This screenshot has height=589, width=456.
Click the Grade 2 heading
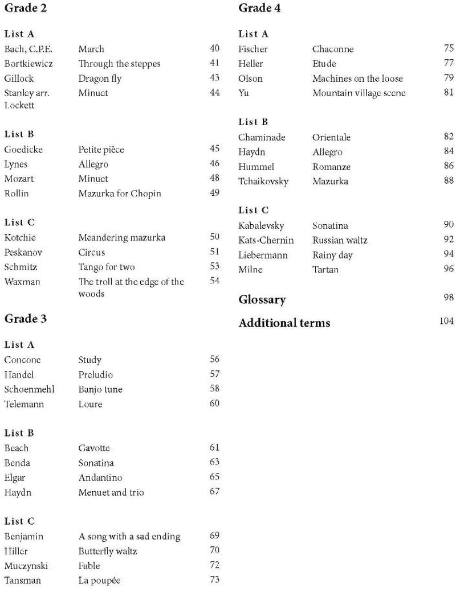tap(26, 9)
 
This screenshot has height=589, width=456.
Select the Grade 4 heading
tap(259, 9)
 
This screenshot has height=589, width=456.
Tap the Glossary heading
tap(262, 299)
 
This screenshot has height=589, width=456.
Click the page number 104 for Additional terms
tap(446, 321)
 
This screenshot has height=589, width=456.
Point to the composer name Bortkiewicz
tap(28, 64)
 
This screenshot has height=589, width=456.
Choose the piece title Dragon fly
tap(100, 79)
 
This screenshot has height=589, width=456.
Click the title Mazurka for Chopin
tap(120, 193)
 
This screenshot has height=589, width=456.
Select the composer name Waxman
tap(22, 282)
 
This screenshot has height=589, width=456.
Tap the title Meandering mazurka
tap(121, 237)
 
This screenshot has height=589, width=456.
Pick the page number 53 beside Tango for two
tap(214, 266)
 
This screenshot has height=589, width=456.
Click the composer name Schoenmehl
tap(29, 389)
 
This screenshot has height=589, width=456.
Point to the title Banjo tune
tap(100, 389)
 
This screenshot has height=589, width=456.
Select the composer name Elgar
tap(15, 477)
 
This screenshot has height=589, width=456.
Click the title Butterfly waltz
tap(108, 551)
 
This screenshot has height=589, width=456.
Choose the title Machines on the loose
tap(357, 79)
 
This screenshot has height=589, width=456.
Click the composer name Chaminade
tap(262, 137)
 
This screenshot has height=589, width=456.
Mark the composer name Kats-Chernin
tap(266, 240)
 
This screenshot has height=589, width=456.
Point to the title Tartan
tap(325, 270)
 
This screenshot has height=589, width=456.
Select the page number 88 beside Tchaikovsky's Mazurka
tap(448, 181)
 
